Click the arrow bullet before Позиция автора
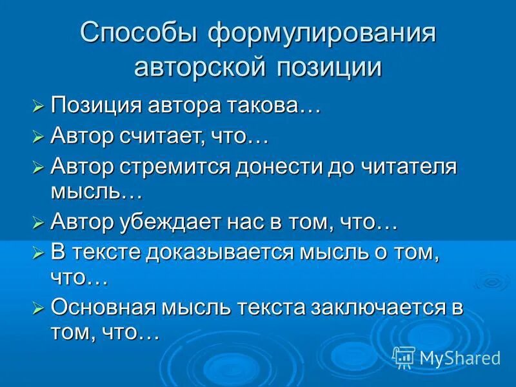pos(38,105)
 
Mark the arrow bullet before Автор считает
pos(38,137)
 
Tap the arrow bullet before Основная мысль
pos(38,308)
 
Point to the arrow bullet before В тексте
pos(38,253)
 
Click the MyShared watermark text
pos(459,356)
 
